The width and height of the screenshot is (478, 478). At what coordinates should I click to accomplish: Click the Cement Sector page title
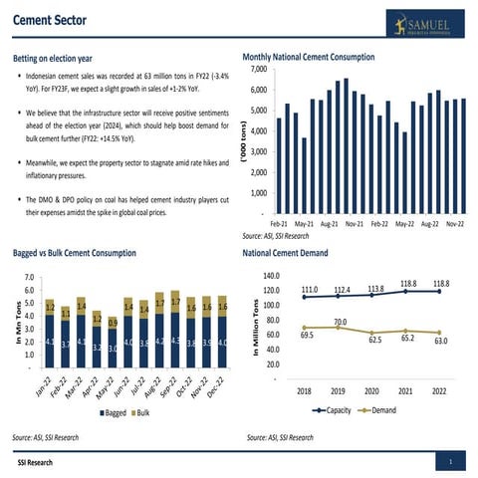[x=50, y=19]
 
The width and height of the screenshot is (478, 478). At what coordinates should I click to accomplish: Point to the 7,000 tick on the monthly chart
[x=256, y=69]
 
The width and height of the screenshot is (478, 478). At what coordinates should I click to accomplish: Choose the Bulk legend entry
[x=144, y=411]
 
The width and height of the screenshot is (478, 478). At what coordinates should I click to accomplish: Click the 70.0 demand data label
[x=340, y=322]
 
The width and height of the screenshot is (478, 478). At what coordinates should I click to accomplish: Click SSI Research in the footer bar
[x=35, y=463]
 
